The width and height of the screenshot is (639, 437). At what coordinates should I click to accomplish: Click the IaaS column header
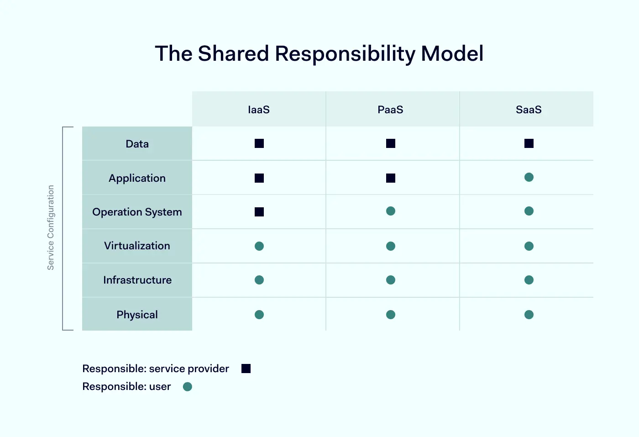(259, 110)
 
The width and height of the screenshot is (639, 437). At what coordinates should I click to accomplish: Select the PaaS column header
(390, 110)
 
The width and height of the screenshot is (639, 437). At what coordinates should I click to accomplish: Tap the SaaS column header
(529, 110)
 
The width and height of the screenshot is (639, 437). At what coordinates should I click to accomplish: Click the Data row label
(137, 144)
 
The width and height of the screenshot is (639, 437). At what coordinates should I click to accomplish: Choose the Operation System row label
(137, 212)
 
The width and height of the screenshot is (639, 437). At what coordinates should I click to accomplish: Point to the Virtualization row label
(137, 246)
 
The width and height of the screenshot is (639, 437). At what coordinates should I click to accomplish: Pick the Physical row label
(137, 315)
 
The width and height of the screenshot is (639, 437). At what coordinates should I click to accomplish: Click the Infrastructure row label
(137, 280)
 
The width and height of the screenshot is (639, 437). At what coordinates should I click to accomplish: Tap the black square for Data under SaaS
(529, 143)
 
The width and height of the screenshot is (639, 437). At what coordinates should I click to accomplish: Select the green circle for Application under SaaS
(529, 177)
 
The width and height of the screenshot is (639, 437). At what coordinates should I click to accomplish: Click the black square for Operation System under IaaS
(259, 212)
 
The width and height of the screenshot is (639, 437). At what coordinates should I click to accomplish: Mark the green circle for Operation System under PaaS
(391, 211)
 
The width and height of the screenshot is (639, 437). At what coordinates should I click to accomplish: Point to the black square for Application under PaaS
(391, 178)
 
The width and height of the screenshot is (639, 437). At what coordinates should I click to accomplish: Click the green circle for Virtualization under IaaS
(259, 246)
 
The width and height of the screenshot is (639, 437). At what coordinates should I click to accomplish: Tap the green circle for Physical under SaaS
(529, 315)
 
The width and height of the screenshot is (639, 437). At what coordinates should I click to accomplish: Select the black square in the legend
(246, 369)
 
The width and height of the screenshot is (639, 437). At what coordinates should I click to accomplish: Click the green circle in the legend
(188, 387)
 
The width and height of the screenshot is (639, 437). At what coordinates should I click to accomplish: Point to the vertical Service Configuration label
(51, 227)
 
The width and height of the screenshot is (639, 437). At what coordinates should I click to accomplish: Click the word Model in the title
(452, 53)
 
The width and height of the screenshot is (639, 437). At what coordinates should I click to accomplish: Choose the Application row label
(137, 179)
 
